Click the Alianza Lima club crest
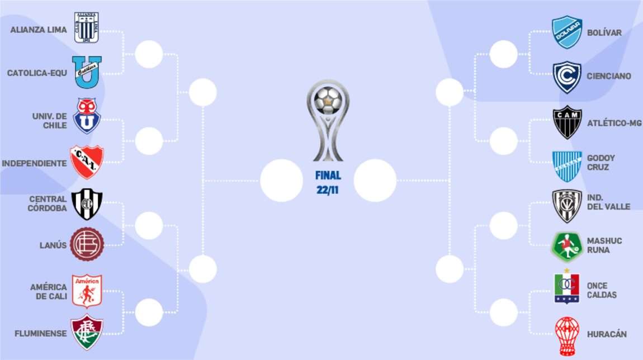(87, 27)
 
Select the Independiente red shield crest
(87, 162)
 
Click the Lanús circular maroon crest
(87, 244)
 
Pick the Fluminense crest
(87, 333)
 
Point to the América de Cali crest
(87, 291)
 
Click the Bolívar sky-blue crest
(567, 32)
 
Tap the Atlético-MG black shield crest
(567, 122)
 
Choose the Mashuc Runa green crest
(567, 247)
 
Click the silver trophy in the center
(328, 120)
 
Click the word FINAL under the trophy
(328, 176)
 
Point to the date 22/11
(328, 190)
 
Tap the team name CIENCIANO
(609, 76)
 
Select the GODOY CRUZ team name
(601, 163)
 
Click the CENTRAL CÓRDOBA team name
(48, 203)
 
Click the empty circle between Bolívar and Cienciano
(504, 54)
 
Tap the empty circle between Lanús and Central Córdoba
(149, 225)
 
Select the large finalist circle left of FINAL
(281, 180)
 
